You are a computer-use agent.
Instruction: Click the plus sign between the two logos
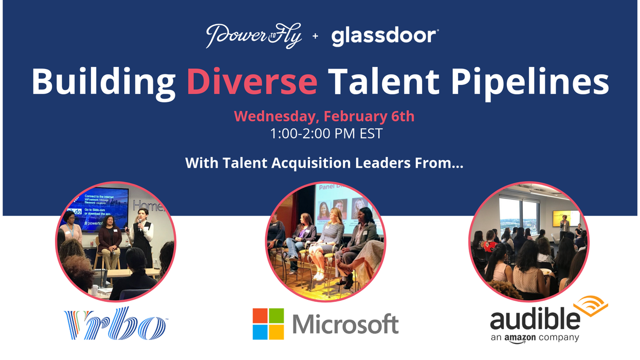(315, 37)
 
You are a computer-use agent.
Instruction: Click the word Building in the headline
(103, 82)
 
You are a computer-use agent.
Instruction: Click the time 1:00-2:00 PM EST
(326, 134)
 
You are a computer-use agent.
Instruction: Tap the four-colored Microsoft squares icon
(268, 324)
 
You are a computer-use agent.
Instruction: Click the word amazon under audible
(520, 338)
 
